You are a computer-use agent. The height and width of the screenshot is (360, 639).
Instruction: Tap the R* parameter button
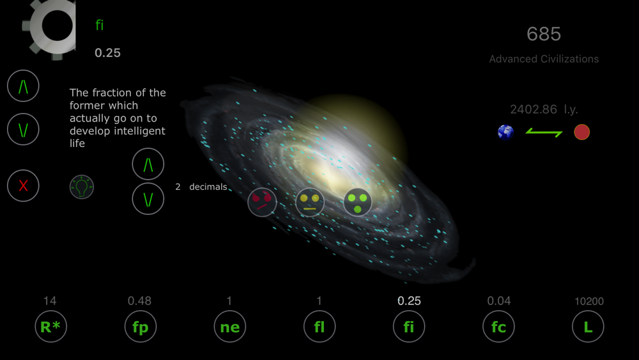tap(51, 326)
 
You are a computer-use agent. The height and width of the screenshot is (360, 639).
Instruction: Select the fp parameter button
tap(141, 326)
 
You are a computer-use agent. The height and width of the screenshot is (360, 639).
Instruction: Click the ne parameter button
tap(230, 326)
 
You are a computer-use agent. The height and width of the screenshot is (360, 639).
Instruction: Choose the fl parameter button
tap(319, 326)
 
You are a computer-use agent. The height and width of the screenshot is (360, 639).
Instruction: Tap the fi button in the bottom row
tap(409, 326)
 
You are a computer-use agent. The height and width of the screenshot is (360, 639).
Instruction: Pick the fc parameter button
tap(498, 326)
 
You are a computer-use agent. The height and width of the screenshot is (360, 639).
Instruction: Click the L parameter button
tap(588, 326)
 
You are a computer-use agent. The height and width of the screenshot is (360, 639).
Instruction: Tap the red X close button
tap(23, 185)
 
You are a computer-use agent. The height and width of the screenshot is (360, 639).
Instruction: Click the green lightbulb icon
tap(82, 187)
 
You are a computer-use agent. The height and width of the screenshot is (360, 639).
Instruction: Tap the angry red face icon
tap(262, 202)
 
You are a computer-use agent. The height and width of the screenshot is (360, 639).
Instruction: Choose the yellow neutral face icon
tap(310, 202)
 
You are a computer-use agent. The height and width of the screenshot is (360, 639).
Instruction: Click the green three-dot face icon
tap(357, 202)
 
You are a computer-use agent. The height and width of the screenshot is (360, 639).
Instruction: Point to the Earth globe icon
tap(505, 132)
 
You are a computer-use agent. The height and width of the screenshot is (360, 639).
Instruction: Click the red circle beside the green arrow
tap(581, 132)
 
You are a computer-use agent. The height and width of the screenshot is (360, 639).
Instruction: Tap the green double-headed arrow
tap(544, 132)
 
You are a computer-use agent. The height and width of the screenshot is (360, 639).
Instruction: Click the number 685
tap(544, 34)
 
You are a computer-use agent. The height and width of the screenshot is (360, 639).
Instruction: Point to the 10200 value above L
tap(589, 301)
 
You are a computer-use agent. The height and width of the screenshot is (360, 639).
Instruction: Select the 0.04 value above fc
tap(499, 301)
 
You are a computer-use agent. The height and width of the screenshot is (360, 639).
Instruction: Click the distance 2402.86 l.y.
tap(544, 109)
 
